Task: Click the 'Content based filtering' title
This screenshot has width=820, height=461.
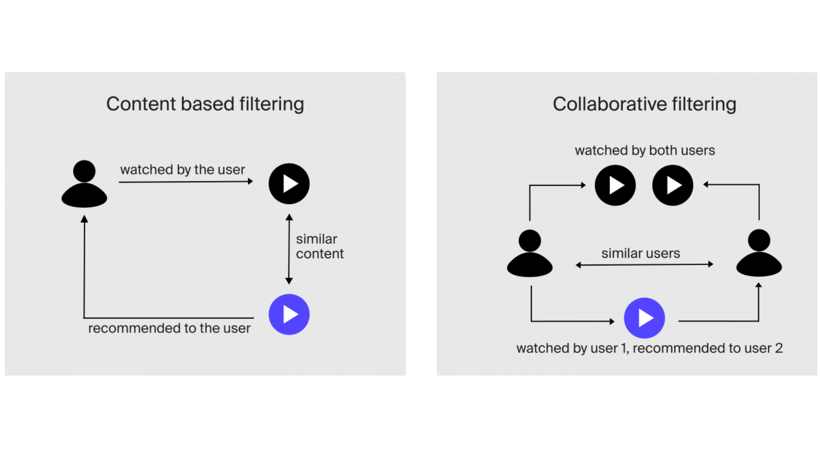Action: [205, 104]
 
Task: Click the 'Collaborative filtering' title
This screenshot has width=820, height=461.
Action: [644, 104]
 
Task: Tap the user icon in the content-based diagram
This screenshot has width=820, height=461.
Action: [84, 184]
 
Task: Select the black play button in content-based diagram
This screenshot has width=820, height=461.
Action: [289, 184]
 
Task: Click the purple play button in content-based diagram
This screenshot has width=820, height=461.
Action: [289, 315]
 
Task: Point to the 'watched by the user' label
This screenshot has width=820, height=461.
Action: [182, 169]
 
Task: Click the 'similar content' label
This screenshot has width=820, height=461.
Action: [319, 246]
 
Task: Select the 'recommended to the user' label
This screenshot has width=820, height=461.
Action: [169, 328]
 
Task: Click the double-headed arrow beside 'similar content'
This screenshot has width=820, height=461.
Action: [289, 249]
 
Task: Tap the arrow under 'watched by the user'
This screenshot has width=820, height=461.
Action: [186, 182]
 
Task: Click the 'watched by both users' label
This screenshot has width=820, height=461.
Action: [644, 150]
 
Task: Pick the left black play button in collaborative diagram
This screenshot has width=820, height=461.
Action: [615, 186]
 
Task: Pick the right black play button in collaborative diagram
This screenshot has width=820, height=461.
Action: [673, 186]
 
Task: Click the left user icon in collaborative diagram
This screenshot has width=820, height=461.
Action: [530, 254]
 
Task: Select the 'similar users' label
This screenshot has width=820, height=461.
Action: [640, 253]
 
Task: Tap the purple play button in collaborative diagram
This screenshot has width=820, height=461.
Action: [644, 318]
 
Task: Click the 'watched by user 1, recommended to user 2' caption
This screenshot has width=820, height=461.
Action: [649, 348]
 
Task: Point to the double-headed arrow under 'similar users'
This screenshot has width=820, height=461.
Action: [644, 265]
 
